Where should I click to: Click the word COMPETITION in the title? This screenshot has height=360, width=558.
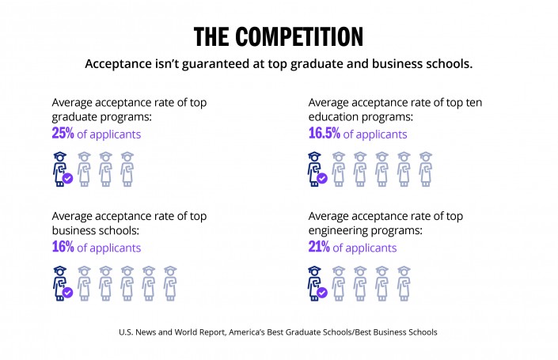coord(305,36)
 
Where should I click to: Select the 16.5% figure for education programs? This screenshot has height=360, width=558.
coord(325,134)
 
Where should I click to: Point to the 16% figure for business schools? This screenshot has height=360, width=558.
coord(63,248)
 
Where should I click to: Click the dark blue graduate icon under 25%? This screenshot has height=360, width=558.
coord(59,168)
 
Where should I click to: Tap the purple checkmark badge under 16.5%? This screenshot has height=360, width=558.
coord(322,178)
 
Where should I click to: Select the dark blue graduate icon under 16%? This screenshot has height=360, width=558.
coord(59,282)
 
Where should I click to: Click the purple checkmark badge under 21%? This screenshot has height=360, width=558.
coord(322,292)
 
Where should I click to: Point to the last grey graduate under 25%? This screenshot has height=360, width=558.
coord(127,169)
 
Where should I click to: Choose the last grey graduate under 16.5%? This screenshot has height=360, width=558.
coord(425,169)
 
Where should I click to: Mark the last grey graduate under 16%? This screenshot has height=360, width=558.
coord(169,282)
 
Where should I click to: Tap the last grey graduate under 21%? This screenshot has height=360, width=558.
coord(404,282)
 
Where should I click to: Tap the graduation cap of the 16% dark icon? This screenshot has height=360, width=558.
coord(59,271)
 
